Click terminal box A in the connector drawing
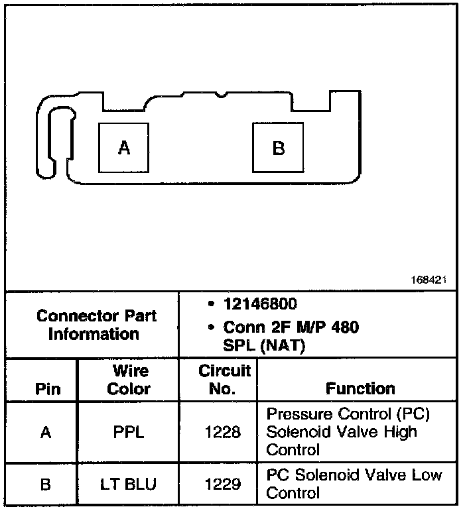[124, 148]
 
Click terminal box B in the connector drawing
[279, 148]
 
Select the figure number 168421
[429, 280]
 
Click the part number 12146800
[260, 304]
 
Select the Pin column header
[45, 389]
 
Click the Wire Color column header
[129, 380]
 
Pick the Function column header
[360, 389]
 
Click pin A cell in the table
[45, 433]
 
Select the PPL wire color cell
[129, 433]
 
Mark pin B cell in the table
[45, 484]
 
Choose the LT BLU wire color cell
[129, 484]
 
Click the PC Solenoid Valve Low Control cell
[354, 484]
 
